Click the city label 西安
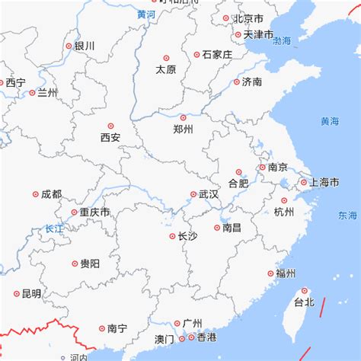tap(110, 138)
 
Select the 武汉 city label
tap(209, 194)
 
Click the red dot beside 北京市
tap(225, 18)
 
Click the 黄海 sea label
tap(330, 121)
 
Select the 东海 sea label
tap(347, 216)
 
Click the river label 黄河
tap(146, 14)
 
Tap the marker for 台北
tap(305, 290)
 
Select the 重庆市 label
tap(95, 212)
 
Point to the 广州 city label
tap(192, 323)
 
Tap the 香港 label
tap(206, 337)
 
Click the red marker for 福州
tap(270, 273)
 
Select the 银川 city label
tap(85, 46)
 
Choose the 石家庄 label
tap(218, 54)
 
